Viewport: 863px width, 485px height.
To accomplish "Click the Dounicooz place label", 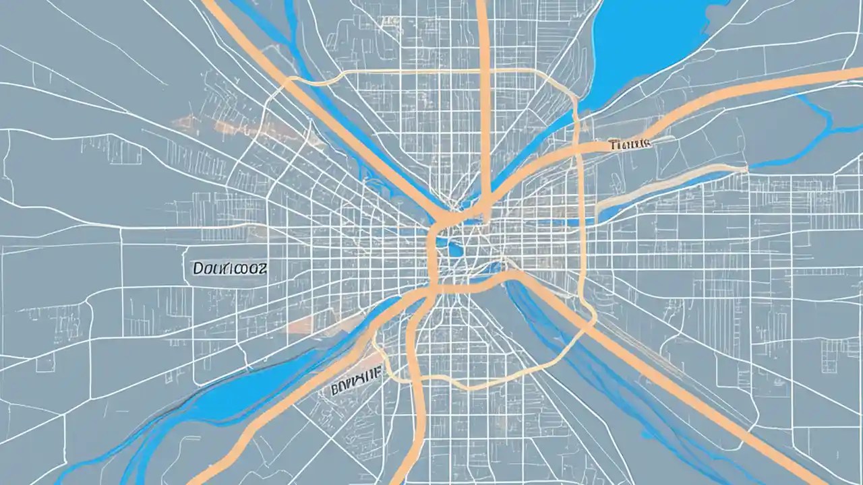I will [230, 268].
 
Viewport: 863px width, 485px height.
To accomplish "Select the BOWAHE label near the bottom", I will [355, 387].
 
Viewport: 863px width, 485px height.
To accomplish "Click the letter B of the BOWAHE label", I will [335, 389].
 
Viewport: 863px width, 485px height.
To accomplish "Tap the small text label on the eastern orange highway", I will [628, 143].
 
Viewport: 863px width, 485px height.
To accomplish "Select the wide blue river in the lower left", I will [222, 397].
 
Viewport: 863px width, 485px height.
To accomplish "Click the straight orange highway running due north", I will [483, 101].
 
